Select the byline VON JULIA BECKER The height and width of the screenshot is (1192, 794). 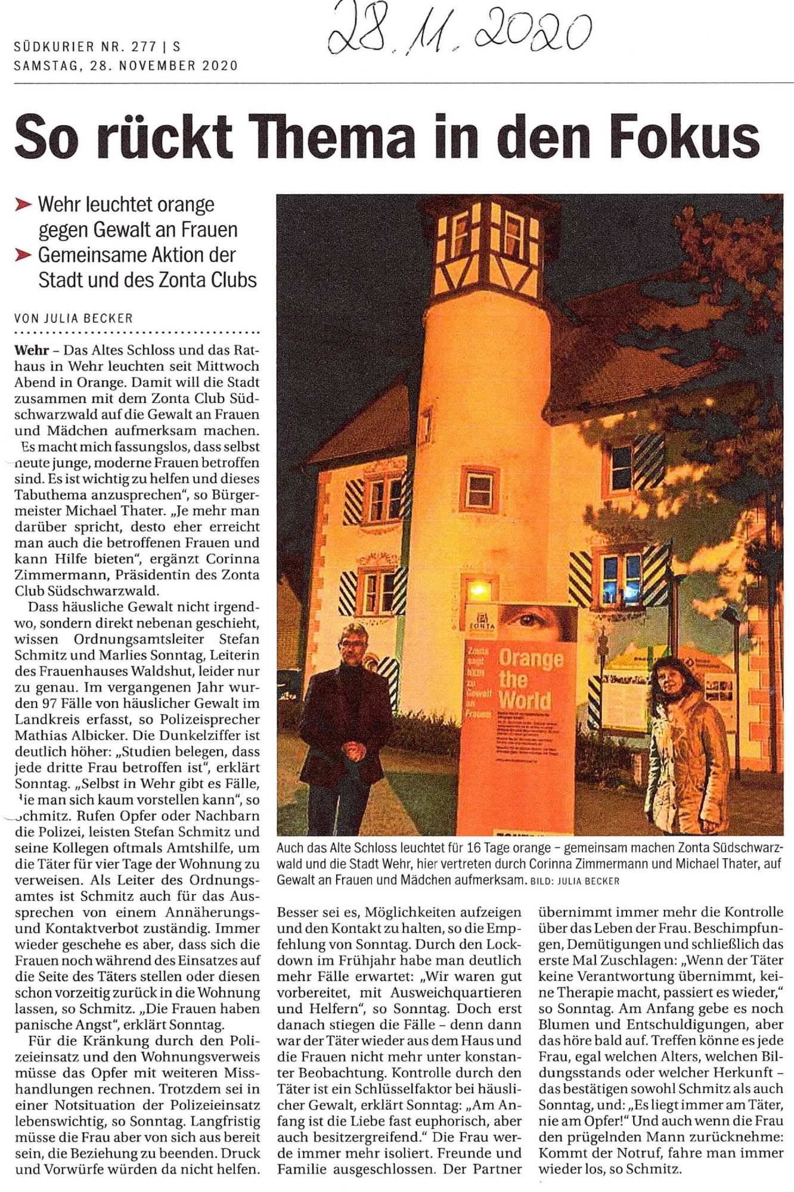[73, 318]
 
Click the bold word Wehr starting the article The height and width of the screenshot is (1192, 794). [32, 350]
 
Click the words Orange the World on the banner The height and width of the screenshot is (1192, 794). [525, 679]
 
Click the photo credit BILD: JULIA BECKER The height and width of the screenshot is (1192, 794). [575, 881]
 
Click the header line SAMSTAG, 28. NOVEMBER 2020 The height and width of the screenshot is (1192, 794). [126, 66]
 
